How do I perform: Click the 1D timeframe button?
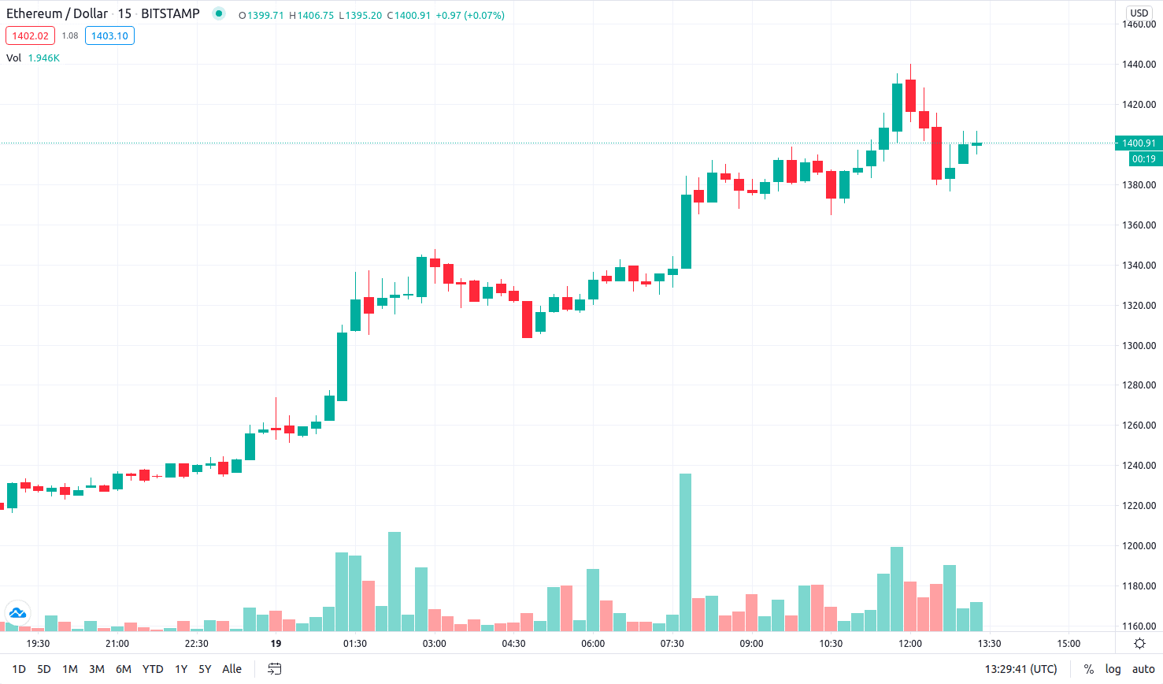click(x=19, y=669)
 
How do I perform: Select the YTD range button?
click(x=153, y=669)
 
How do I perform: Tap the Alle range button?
click(x=231, y=669)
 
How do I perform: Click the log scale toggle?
click(x=1113, y=669)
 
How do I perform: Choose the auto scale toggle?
click(x=1143, y=669)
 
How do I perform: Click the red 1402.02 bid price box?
click(x=30, y=35)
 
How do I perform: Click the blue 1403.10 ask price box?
click(x=109, y=35)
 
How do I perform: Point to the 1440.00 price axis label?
click(x=1139, y=65)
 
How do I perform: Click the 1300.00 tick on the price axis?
click(x=1139, y=346)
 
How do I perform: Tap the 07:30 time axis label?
click(x=672, y=644)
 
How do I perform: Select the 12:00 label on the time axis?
click(x=910, y=644)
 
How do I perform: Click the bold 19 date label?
click(x=276, y=644)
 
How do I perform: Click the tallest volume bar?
click(x=685, y=552)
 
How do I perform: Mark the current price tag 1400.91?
click(x=1139, y=143)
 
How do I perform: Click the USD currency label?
click(x=1139, y=13)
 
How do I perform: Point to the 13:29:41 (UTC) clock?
click(x=1020, y=669)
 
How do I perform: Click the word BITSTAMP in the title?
click(x=170, y=13)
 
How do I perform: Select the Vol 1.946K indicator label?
click(x=33, y=58)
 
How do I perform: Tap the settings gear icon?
click(x=1139, y=644)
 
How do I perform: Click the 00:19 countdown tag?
click(x=1143, y=159)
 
